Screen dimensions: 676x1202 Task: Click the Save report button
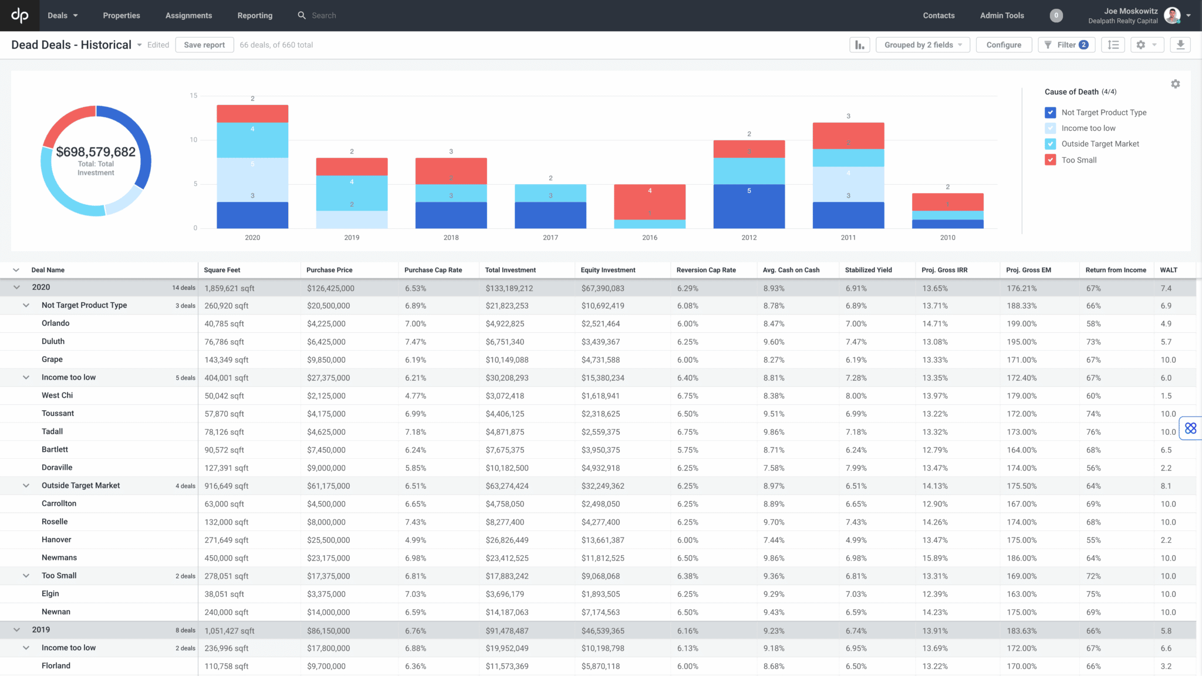tap(204, 45)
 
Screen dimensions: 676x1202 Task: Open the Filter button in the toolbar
tap(1066, 45)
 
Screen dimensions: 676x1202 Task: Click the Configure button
tap(1004, 45)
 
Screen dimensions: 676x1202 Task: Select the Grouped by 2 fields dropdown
tap(923, 45)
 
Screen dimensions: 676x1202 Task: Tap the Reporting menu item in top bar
tap(255, 16)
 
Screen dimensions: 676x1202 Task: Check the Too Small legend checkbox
tap(1051, 160)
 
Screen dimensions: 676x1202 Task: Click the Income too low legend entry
tap(1088, 128)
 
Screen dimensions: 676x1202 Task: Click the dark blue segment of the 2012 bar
tap(749, 206)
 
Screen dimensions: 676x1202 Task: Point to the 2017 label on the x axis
tap(551, 238)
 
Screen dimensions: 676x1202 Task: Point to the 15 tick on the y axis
tap(194, 96)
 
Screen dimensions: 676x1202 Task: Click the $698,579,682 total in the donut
tap(96, 152)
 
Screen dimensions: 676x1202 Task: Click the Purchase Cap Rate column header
tap(433, 270)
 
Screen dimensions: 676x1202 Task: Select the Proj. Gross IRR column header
tap(944, 270)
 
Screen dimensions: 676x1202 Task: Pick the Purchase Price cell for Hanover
tap(328, 540)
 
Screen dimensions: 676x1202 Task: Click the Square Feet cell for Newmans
tap(227, 558)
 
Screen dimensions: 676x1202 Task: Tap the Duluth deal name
tap(53, 342)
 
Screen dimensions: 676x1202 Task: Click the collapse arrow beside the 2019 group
tap(16, 630)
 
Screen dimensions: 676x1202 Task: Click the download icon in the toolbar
tap(1180, 45)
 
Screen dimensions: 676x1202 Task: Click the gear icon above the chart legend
tap(1175, 84)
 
